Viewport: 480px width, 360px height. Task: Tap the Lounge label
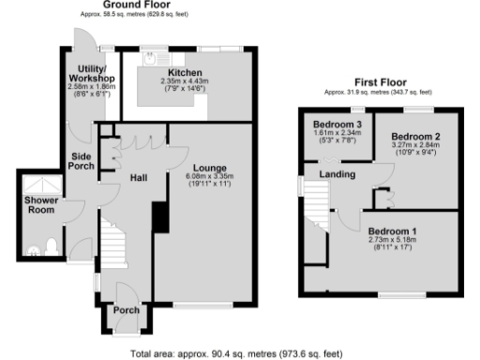(184, 167)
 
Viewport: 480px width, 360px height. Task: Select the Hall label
(139, 177)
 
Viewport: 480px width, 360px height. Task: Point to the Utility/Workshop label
(91, 73)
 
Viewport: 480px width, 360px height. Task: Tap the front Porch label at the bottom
(126, 310)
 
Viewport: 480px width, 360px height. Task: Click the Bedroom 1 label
(393, 232)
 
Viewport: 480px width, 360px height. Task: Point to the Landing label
(337, 173)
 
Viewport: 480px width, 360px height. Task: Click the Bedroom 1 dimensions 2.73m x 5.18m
(393, 240)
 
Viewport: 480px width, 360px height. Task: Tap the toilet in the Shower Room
(52, 246)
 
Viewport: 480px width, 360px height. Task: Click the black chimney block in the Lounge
(158, 217)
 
